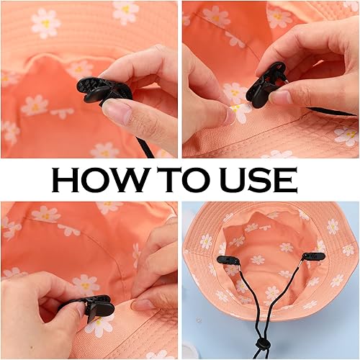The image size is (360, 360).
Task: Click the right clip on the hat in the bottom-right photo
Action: [x=314, y=256]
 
